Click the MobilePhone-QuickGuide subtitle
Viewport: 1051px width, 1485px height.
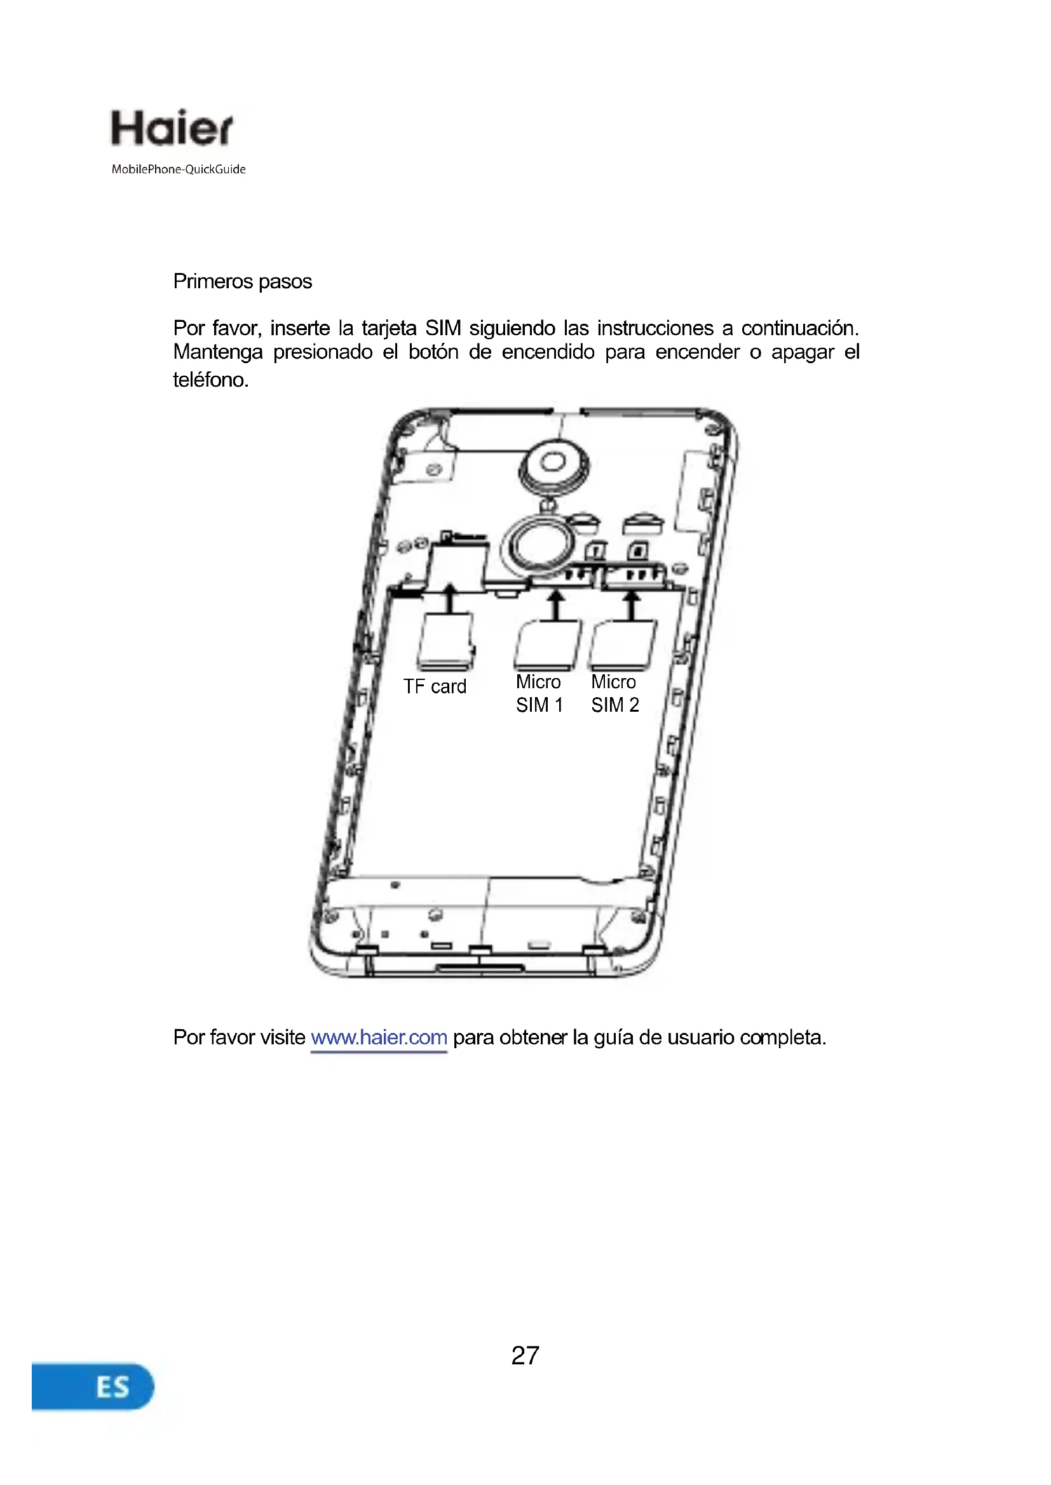tap(179, 170)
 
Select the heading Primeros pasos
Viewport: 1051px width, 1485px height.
tap(242, 282)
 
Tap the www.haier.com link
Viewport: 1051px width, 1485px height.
tap(379, 1037)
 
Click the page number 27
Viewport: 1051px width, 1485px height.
tap(525, 1355)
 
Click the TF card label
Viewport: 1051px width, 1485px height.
tap(434, 687)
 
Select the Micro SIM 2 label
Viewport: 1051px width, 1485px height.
tap(614, 693)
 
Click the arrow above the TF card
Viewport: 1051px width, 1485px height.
tap(450, 598)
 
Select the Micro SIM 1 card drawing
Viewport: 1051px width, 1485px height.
tap(547, 645)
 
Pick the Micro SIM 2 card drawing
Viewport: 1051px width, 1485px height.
tap(623, 645)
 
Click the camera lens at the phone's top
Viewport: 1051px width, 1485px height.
tap(553, 462)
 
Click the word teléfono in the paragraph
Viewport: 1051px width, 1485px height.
tap(210, 380)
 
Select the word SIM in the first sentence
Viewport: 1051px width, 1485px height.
tap(443, 329)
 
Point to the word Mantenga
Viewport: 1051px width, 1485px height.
tap(217, 352)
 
